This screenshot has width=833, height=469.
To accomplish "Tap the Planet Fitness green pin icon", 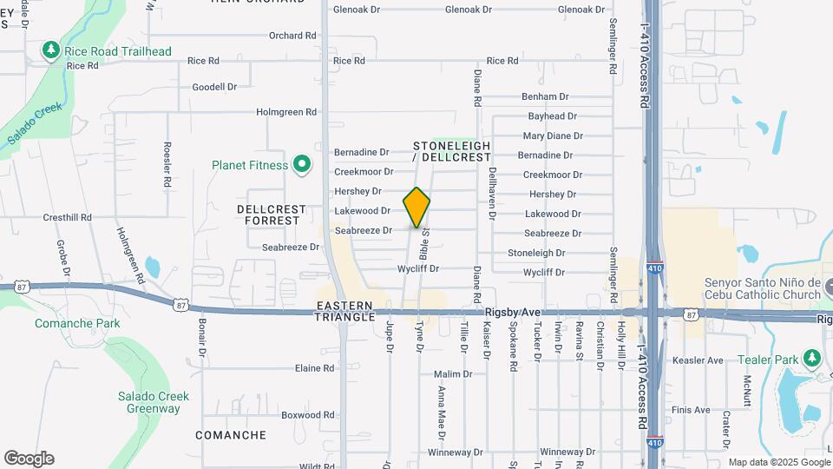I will [x=302, y=164].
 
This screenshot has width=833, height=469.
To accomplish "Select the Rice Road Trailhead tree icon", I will [x=52, y=50].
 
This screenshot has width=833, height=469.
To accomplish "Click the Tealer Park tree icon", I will [x=811, y=359].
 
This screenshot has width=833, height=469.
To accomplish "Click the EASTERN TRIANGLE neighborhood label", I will [x=345, y=313].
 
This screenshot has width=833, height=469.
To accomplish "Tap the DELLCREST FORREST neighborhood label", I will [x=272, y=215].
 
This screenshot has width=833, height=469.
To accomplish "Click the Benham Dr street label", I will [x=545, y=96].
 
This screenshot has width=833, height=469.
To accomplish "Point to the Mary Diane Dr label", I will [x=553, y=135].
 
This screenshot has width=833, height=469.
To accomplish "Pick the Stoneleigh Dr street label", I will [x=536, y=253].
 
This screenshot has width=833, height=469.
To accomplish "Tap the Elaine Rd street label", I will [x=315, y=368].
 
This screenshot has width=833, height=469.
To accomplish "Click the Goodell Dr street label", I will [x=214, y=87].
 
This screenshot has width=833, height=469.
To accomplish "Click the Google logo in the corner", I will [x=29, y=459].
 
